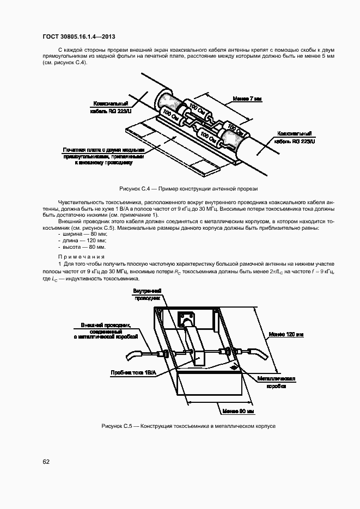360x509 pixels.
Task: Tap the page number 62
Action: [46, 462]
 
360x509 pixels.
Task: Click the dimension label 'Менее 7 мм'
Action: [247, 99]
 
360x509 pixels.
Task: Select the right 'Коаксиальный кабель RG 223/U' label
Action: [294, 137]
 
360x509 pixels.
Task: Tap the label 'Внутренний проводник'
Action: [148, 295]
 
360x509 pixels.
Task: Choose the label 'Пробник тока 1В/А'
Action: [134, 372]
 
